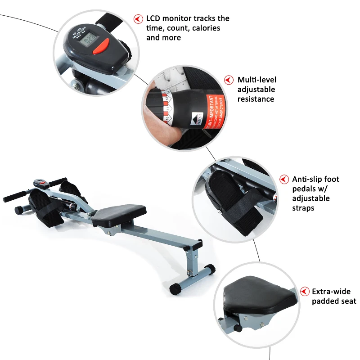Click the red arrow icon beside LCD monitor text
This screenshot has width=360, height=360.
pos(138,19)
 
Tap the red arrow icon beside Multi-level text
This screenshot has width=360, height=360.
pos(229,80)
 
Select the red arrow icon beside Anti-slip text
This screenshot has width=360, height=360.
pos(284,179)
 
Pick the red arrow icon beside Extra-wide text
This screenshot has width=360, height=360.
pos(305,292)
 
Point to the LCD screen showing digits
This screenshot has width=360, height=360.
pos(85,38)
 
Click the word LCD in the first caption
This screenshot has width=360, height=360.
pos(154,18)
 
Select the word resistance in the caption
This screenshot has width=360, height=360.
pos(256,99)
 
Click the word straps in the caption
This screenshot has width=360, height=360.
pos(302,208)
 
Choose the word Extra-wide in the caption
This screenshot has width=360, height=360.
pos(331,292)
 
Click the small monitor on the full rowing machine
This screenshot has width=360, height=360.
pos(40,183)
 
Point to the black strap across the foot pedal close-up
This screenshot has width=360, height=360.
pos(239,205)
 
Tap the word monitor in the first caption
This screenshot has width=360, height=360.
pos(179,18)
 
